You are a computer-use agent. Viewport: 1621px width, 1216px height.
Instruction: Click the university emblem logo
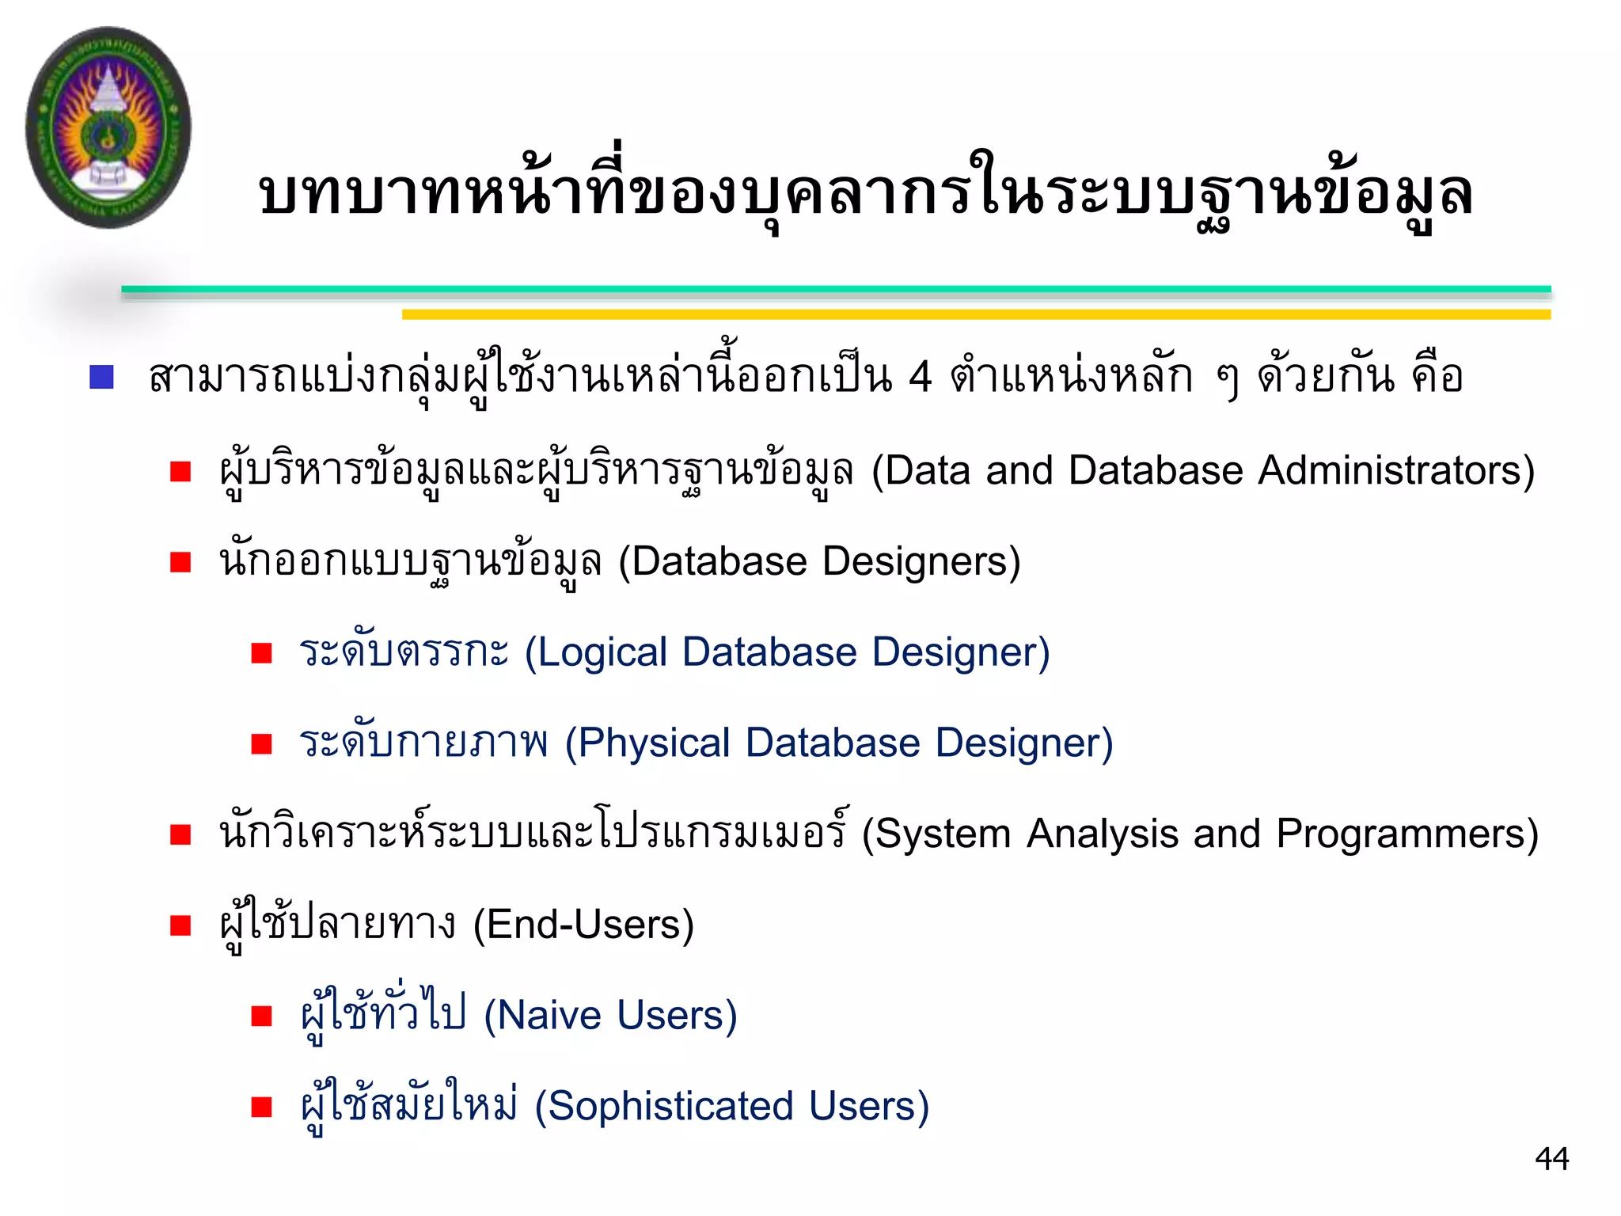pos(108,127)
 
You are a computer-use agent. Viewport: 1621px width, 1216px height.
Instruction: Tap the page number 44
pos(1551,1159)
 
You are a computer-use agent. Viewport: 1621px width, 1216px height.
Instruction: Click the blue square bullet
pos(102,377)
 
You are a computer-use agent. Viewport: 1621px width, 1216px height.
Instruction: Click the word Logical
pos(604,653)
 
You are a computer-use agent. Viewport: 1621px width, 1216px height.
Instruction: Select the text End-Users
pos(583,925)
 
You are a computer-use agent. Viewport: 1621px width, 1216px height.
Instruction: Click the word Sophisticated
pos(670,1107)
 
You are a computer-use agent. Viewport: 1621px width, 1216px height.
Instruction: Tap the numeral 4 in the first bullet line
pos(920,377)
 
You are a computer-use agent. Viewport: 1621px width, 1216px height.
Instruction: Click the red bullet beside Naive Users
pos(261,1016)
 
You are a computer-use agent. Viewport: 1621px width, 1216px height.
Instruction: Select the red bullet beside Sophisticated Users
pos(261,1107)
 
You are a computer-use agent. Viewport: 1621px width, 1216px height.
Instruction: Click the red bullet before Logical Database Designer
pos(261,653)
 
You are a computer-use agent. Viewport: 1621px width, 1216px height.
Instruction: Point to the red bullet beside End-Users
pos(180,925)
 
